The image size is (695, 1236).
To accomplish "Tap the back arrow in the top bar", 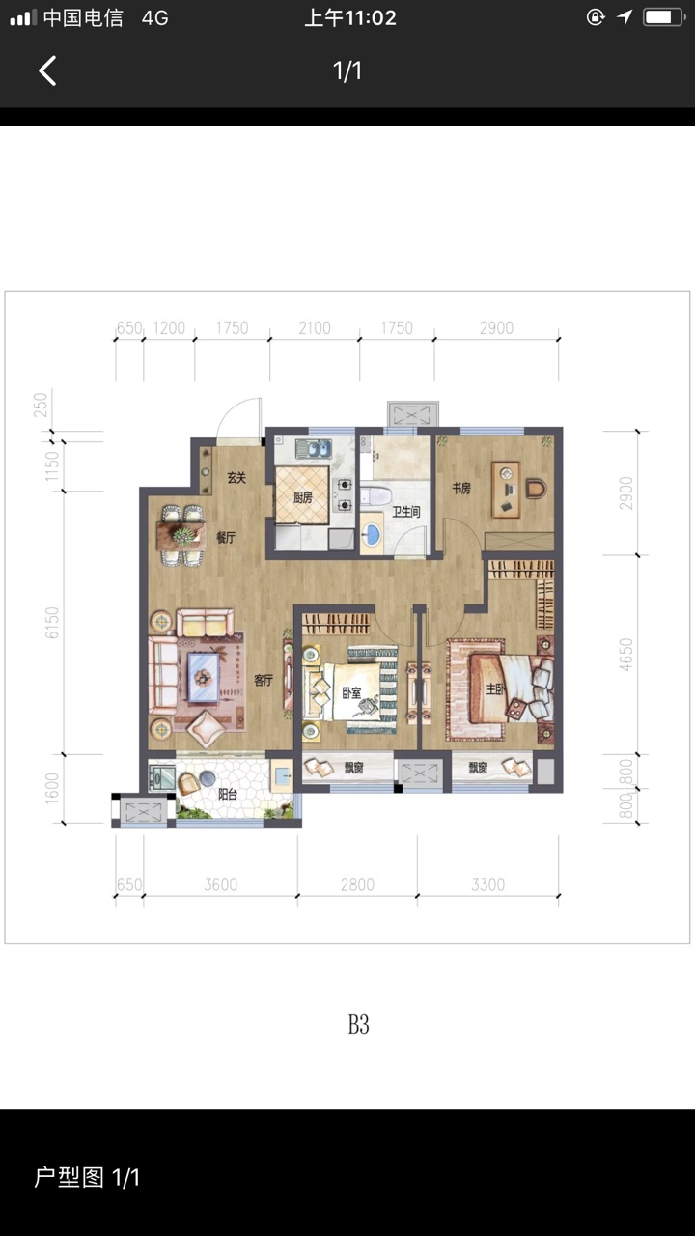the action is tap(47, 70).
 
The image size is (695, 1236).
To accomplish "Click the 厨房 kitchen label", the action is tap(303, 497).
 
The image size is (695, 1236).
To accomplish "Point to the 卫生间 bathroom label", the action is tap(406, 512).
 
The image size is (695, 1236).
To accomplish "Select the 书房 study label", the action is tap(461, 488).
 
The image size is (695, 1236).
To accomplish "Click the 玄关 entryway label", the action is tap(236, 478).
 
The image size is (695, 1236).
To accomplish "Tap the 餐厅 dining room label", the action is tap(226, 537).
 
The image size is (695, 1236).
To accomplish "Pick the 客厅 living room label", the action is tap(264, 680).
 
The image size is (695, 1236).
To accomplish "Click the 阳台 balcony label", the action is tap(227, 794).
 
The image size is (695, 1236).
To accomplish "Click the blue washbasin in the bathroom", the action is tap(372, 534).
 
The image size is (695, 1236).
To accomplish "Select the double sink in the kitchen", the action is tap(314, 448).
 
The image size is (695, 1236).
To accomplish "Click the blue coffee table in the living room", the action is tap(203, 677).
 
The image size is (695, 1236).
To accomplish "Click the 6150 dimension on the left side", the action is tap(51, 623).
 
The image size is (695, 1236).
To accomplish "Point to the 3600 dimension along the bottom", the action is tap(221, 885).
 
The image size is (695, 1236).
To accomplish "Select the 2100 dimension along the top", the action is tap(315, 328).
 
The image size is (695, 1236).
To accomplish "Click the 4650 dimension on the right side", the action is tap(626, 655).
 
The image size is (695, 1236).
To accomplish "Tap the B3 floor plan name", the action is tap(358, 1025).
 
